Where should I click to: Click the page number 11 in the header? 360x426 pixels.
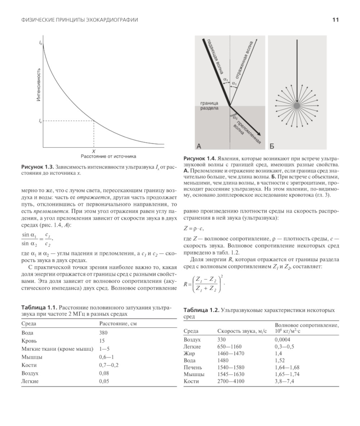(335, 20)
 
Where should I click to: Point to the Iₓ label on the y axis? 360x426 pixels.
(40, 121)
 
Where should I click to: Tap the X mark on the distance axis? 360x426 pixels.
(94, 151)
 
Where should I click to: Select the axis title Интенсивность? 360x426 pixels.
(39, 85)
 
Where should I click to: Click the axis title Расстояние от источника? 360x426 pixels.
(108, 157)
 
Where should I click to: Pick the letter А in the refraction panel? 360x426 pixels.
(199, 146)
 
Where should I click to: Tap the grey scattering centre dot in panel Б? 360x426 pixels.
(296, 105)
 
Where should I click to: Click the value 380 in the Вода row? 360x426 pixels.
(103, 333)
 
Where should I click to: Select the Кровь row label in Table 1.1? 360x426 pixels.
(29, 340)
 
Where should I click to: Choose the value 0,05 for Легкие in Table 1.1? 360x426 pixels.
(104, 381)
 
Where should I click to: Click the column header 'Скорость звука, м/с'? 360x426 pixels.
(242, 331)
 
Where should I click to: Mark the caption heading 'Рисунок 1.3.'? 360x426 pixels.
(37, 167)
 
